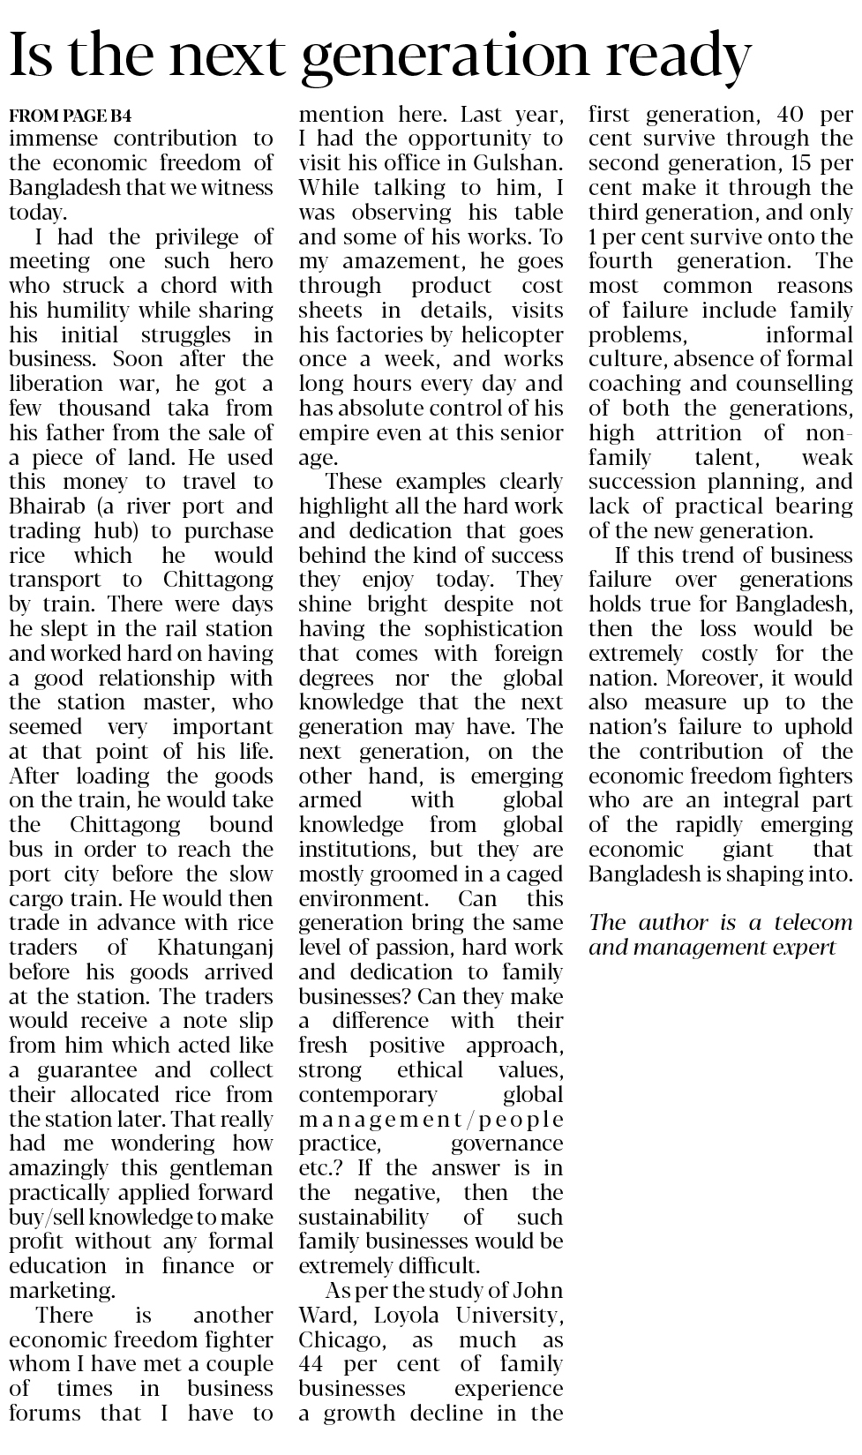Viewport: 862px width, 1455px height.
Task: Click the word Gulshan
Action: [x=517, y=163]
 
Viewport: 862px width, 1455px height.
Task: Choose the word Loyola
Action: [x=407, y=1316]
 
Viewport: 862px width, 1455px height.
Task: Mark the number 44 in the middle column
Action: [x=313, y=1364]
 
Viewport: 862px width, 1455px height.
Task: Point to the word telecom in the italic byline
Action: [x=813, y=923]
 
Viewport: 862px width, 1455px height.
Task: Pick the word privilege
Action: [x=191, y=237]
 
